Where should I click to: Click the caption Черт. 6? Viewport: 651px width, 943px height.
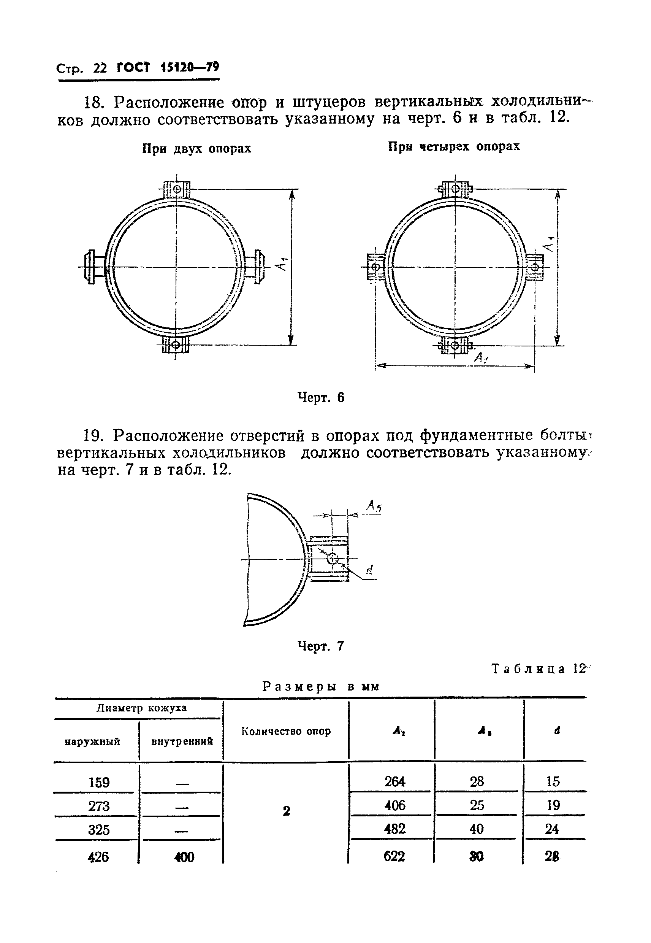pyautogui.click(x=321, y=397)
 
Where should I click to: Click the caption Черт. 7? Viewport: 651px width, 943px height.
pyautogui.click(x=321, y=646)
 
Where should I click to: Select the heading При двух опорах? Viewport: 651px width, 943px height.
pyautogui.click(x=196, y=149)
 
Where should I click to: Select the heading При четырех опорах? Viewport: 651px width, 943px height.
pyautogui.click(x=454, y=146)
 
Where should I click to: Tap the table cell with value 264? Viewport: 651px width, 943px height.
pyautogui.click(x=394, y=781)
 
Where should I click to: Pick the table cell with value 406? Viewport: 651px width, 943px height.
pyautogui.click(x=394, y=805)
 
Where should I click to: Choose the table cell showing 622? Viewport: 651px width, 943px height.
pyautogui.click(x=394, y=856)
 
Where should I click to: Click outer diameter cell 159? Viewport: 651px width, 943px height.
pyautogui.click(x=99, y=782)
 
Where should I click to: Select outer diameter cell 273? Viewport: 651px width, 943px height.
pyautogui.click(x=99, y=806)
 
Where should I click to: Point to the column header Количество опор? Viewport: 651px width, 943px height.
pyautogui.click(x=285, y=731)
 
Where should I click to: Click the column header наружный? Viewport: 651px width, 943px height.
pyautogui.click(x=92, y=741)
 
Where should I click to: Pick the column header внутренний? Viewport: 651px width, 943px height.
pyautogui.click(x=182, y=741)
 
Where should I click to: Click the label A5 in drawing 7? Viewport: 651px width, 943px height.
pyautogui.click(x=374, y=507)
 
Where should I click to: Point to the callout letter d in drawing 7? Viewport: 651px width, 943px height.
pyautogui.click(x=369, y=570)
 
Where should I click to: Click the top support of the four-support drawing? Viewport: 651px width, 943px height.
pyautogui.click(x=455, y=189)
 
